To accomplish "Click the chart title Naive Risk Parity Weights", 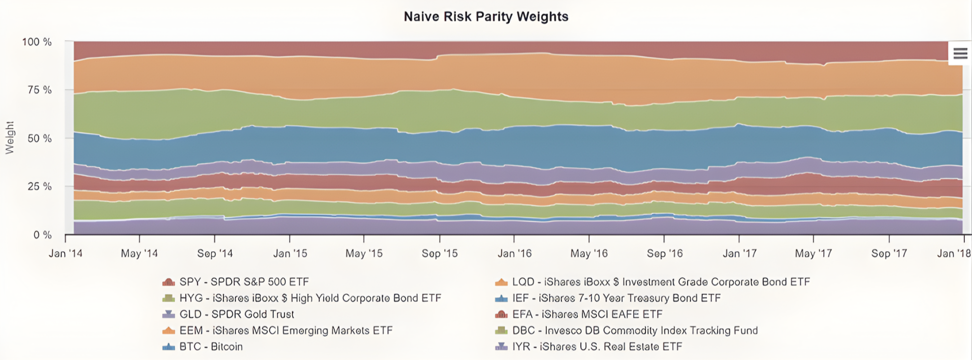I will pos(486,17).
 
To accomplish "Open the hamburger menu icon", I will pos(960,53).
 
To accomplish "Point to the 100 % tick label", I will pos(37,42).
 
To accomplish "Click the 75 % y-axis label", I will pos(39,90).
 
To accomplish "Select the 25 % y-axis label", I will pos(39,187).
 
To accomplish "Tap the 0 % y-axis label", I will pos(42,235).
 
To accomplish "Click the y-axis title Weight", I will pos(10,138).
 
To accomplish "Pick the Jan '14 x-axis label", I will pos(66,254).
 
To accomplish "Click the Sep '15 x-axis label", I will pos(440,254).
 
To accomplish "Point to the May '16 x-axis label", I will pos(589,254).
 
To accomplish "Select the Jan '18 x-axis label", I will pos(954,254).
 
